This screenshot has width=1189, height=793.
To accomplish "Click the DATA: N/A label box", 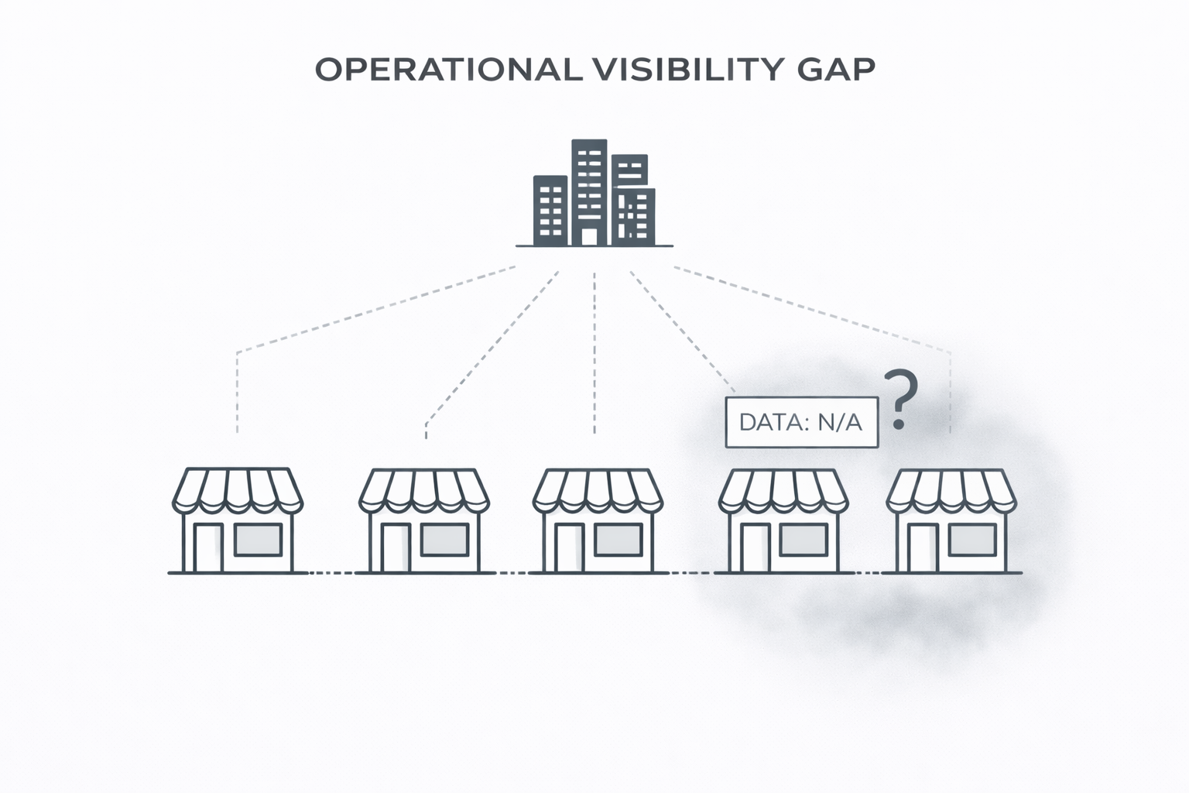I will (801, 423).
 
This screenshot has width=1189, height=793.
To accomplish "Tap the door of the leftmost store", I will (207, 548).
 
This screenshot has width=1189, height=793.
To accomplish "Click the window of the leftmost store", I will (259, 540).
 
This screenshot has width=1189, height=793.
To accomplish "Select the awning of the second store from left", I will (423, 489).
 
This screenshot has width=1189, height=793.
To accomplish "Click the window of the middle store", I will (618, 540).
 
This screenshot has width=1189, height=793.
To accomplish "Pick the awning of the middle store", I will (598, 489).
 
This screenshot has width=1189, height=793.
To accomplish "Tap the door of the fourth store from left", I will (752, 548).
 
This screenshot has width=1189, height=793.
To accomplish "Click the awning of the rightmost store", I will (951, 489).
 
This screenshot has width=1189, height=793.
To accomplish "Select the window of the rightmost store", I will (972, 540).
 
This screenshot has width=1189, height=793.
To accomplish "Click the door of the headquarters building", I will (590, 236).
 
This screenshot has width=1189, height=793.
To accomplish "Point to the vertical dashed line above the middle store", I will (594, 352).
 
